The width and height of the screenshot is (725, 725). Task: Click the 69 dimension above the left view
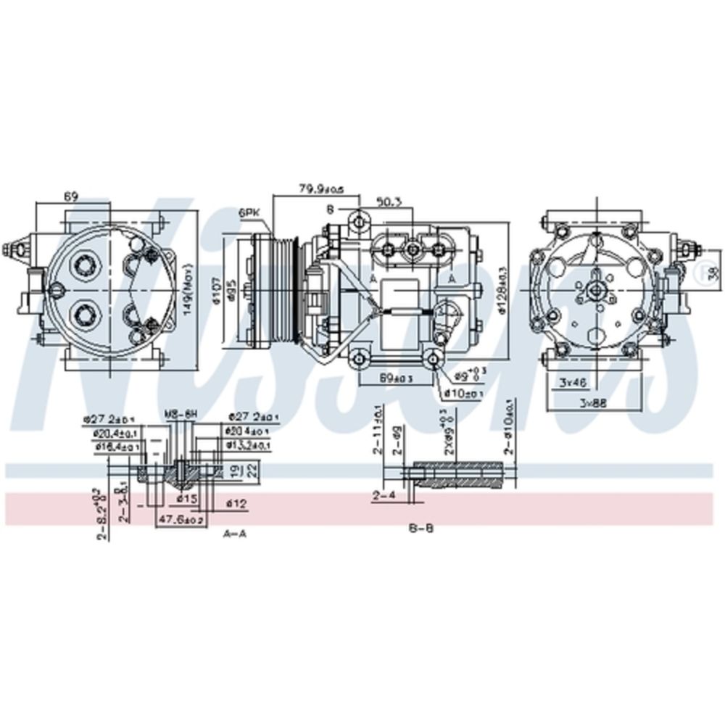(x=70, y=196)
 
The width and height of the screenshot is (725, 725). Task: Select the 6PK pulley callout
(x=249, y=212)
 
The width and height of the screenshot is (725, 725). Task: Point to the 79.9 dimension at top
(x=320, y=190)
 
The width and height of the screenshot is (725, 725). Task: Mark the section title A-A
(x=235, y=533)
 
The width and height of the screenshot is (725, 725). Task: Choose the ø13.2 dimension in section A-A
(x=249, y=445)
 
